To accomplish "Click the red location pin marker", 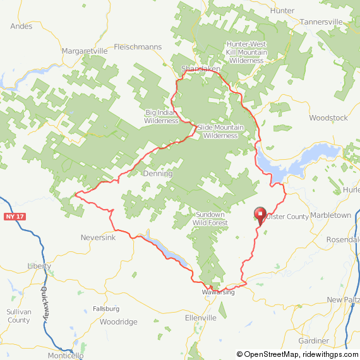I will click(x=259, y=215).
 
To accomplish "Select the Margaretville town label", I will click(x=85, y=51).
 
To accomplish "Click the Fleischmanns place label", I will click(x=138, y=47).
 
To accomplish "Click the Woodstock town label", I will click(x=328, y=117).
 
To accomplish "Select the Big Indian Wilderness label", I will click(x=162, y=117).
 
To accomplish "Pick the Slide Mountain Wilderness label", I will click(x=220, y=131).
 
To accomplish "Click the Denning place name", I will click(x=157, y=173).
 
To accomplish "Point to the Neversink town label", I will click(x=97, y=237).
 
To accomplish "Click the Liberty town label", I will click(x=39, y=266).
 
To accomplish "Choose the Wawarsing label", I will click(x=219, y=292).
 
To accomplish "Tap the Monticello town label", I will click(x=66, y=356).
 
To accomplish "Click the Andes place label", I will click(x=21, y=26).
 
